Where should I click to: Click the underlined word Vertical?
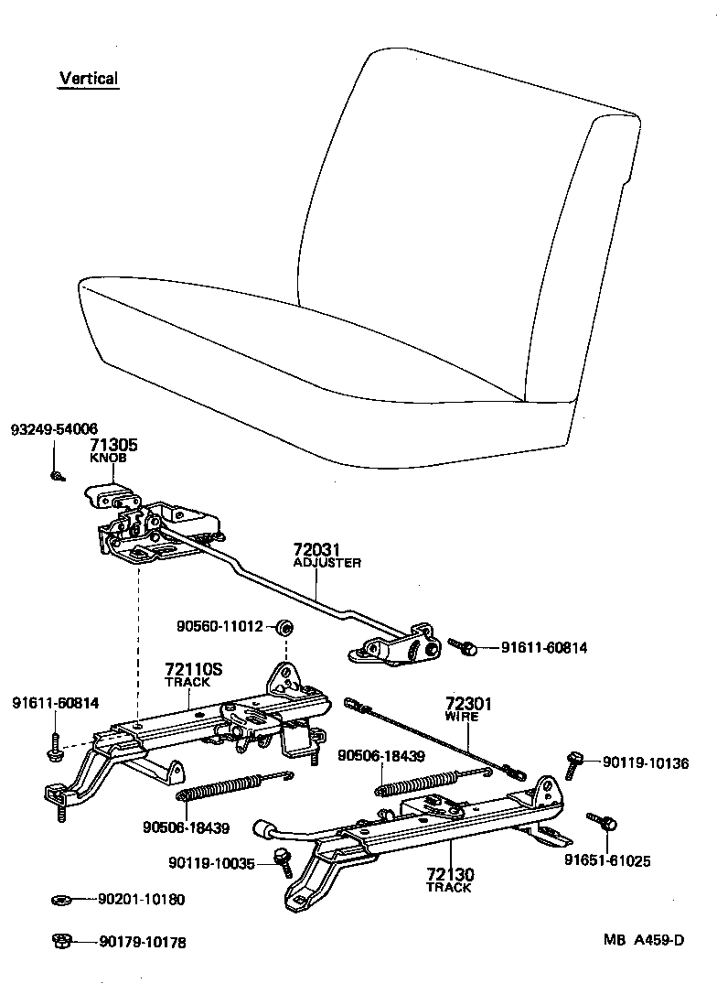[89, 79]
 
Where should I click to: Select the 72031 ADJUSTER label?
[326, 556]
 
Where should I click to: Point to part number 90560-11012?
[219, 627]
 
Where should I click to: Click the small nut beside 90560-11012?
[284, 627]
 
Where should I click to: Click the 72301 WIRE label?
[468, 709]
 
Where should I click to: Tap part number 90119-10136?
[646, 762]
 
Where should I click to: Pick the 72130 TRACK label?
[449, 881]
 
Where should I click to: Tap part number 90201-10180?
[141, 900]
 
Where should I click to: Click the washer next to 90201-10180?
[61, 900]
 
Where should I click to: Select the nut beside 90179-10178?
[61, 941]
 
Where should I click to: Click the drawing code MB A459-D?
[643, 940]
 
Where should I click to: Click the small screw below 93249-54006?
[57, 475]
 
